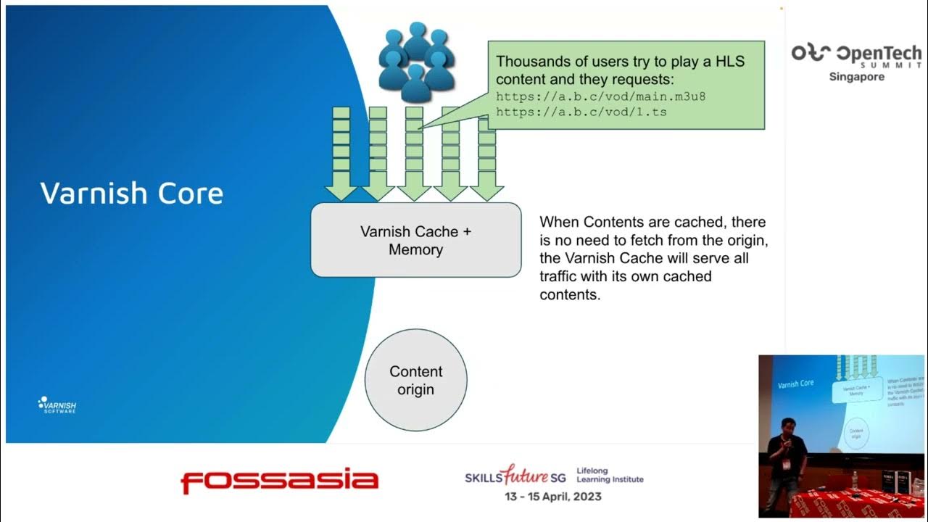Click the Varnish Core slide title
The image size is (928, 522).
[131, 194]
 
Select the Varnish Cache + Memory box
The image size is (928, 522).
[415, 240]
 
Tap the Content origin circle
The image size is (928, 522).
[415, 380]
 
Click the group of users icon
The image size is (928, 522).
[416, 62]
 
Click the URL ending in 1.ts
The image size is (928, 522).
[581, 112]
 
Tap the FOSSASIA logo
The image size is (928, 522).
[279, 481]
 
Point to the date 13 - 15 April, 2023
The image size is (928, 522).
[553, 497]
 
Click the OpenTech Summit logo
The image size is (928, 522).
[856, 54]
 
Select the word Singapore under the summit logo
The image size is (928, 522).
[856, 77]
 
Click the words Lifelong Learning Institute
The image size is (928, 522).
[609, 475]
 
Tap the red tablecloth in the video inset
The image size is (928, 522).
[855, 505]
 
